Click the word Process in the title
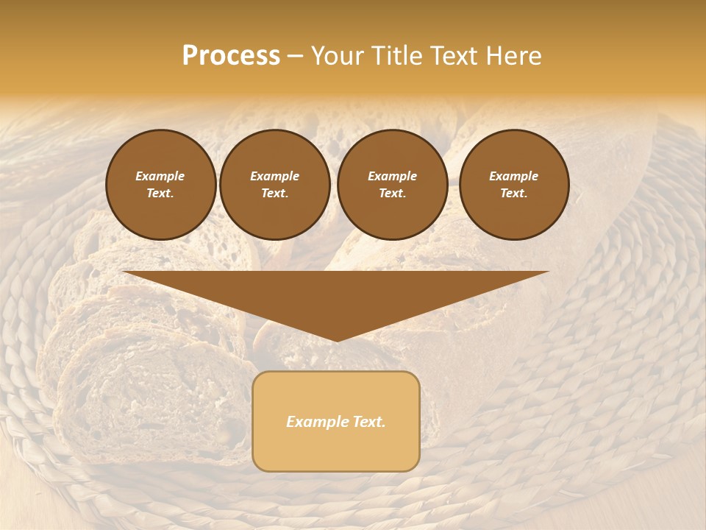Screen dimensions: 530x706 (x=231, y=56)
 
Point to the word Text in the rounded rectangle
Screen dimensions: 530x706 (x=367, y=422)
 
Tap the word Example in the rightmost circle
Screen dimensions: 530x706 (x=513, y=176)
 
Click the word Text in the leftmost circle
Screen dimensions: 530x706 (x=160, y=193)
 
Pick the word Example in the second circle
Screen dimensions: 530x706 (x=274, y=176)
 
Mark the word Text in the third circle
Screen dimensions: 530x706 (x=392, y=193)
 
